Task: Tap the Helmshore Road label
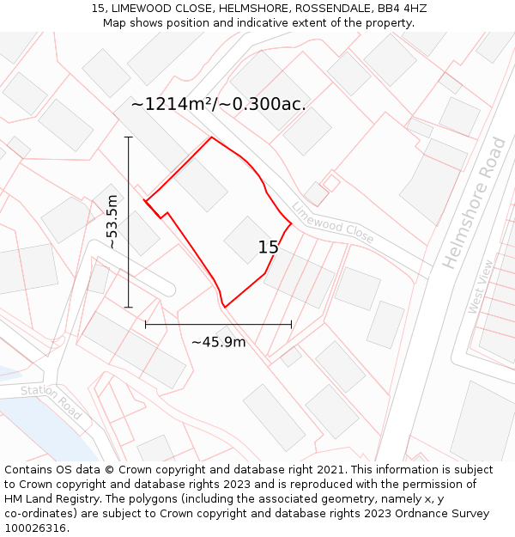coord(475,203)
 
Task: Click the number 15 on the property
coord(268,247)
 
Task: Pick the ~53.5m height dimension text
coord(112,222)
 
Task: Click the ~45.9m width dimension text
coord(218,342)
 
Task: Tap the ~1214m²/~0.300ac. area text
coord(218,104)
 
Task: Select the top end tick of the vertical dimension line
coord(129,137)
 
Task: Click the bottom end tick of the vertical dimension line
coord(129,307)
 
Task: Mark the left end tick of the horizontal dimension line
coord(146,324)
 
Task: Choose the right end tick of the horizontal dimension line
coord(292,324)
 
